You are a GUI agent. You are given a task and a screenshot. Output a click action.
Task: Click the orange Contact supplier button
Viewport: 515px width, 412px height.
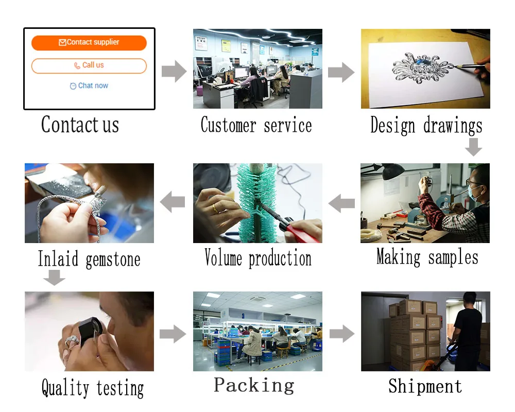89,43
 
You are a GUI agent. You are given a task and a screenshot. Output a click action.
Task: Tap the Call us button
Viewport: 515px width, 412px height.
89,66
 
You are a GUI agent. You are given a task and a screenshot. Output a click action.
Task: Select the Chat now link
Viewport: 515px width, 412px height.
89,86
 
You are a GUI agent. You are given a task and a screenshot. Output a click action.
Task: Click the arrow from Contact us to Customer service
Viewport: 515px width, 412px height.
174,71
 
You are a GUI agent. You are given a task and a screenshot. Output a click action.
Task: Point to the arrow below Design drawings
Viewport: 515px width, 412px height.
473,147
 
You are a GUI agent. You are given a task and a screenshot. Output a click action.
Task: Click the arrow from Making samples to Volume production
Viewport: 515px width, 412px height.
341,203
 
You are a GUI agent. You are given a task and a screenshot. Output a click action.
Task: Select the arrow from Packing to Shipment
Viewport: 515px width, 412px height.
342,334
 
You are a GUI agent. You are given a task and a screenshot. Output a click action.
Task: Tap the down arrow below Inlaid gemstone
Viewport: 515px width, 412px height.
54,278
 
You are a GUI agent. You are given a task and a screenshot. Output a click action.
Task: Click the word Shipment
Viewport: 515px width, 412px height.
425,386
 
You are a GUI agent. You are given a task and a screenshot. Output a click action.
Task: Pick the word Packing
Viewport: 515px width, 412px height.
254,385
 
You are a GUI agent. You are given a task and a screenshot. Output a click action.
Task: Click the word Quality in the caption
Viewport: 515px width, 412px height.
65,388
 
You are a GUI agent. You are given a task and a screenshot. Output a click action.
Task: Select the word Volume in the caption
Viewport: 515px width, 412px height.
224,257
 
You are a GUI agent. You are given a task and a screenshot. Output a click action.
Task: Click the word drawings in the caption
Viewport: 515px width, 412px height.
453,126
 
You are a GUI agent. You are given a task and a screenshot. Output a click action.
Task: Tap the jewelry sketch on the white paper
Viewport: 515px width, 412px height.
422,67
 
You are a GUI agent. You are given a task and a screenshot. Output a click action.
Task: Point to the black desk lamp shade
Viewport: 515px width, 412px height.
393,171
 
